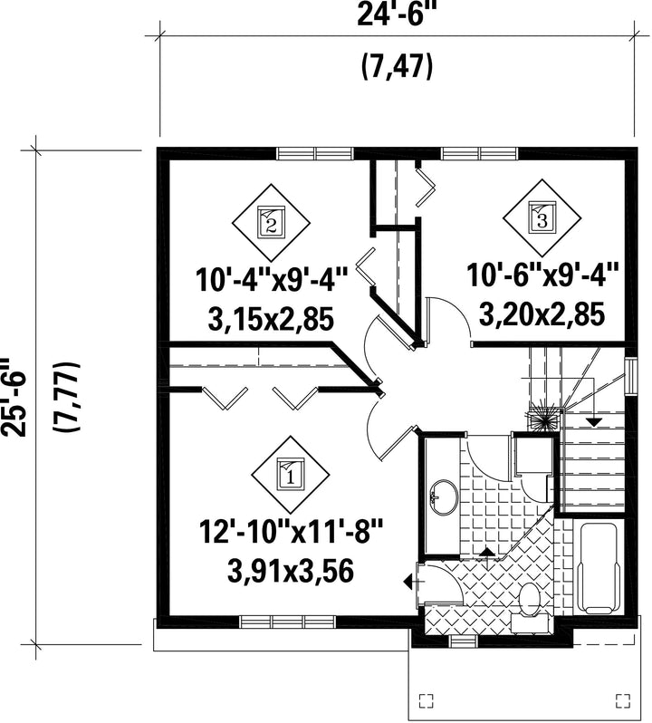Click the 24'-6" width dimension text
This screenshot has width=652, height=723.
point(397,15)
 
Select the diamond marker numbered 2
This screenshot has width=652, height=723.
point(271,223)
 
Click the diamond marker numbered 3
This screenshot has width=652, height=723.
point(542,217)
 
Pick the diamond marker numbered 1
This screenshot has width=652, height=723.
point(291,475)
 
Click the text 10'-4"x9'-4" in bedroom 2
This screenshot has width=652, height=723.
point(271,280)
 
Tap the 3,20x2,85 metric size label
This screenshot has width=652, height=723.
point(542,315)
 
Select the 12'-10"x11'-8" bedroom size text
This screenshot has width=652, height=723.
point(291,532)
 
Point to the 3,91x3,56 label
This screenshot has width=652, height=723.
point(291,571)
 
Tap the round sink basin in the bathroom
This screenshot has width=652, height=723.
point(444,497)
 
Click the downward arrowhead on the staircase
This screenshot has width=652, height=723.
point(594,421)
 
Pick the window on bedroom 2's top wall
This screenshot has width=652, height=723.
point(315,153)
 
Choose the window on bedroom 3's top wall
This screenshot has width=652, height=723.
point(480,153)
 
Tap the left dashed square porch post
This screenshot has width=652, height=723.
point(427,700)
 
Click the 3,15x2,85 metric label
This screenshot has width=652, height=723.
point(271,320)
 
